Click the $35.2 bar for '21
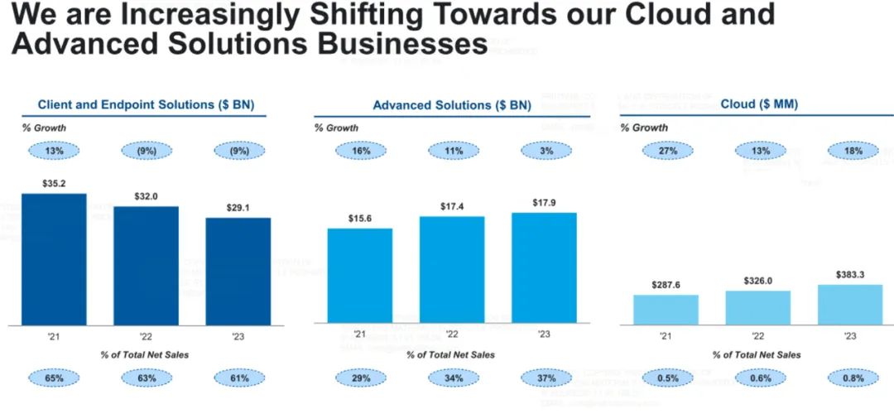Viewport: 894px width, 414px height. coord(54,258)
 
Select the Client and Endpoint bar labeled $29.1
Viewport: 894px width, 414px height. coord(238,271)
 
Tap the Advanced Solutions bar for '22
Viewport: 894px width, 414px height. coord(452,269)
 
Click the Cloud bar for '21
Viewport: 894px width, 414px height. coord(666,309)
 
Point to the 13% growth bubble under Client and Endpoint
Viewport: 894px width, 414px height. coord(55,151)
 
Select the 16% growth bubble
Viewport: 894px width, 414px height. coord(360,151)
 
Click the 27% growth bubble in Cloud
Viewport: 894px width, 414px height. coord(667,151)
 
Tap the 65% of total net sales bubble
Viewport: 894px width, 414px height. coord(55,378)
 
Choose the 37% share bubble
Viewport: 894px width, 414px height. coord(546,378)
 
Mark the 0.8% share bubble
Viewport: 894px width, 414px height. coord(852,378)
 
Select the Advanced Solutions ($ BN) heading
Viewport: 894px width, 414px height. coord(452,105)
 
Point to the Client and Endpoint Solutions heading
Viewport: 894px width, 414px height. coord(146,104)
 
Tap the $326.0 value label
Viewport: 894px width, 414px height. coord(758,281)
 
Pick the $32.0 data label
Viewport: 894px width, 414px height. coord(147,196)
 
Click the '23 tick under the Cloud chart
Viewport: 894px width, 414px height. coord(850,336)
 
